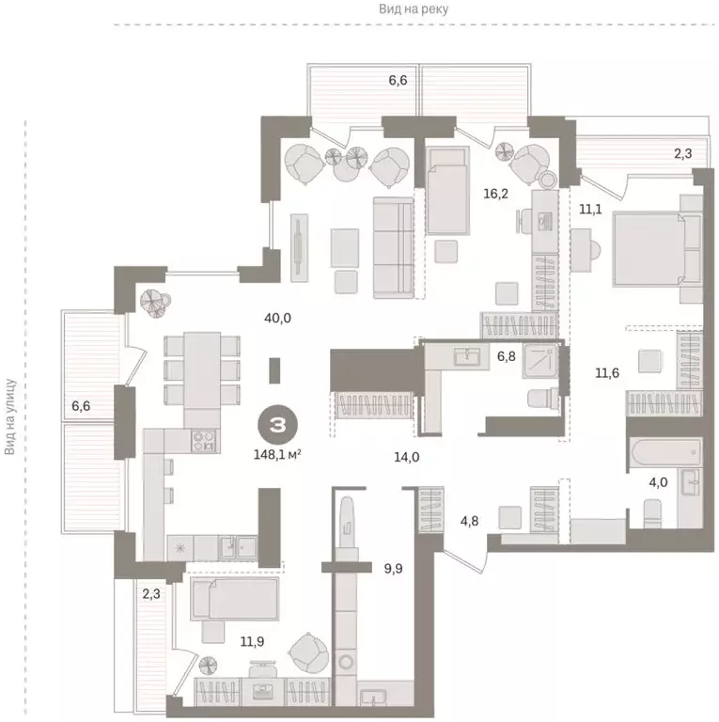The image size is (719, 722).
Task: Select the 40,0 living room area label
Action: click(278, 318)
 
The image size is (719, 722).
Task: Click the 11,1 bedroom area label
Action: click(590, 209)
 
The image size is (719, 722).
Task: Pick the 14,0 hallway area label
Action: click(406, 457)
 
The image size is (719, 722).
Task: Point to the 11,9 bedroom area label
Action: click(252, 642)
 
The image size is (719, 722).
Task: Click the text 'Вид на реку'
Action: click(414, 8)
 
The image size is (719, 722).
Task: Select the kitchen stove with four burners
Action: click(205, 438)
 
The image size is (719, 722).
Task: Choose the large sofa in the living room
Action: click(392, 247)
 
